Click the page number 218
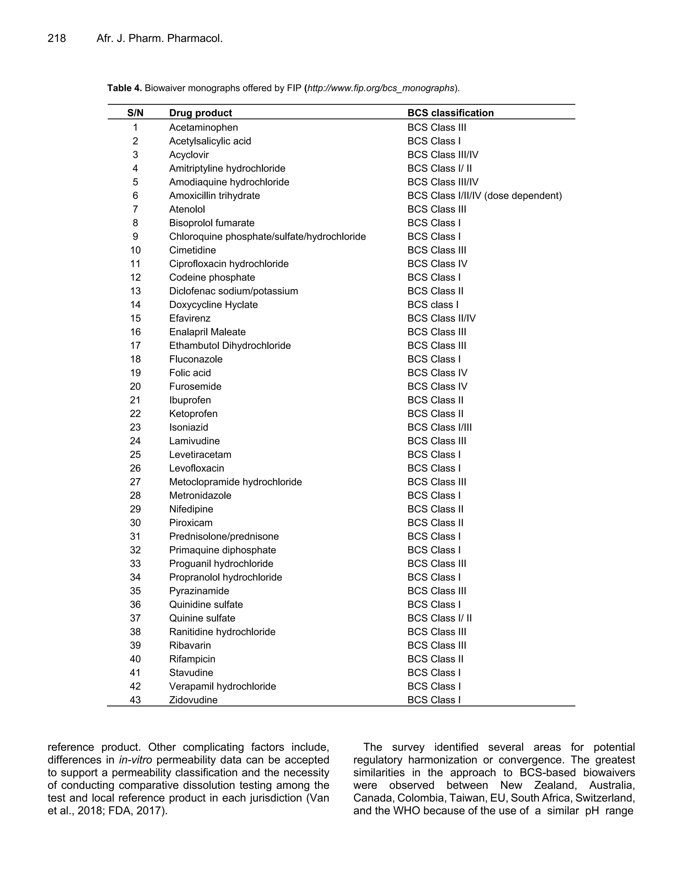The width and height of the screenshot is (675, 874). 57,38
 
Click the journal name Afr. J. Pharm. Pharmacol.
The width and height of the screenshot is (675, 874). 160,38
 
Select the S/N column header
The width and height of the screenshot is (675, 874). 135,113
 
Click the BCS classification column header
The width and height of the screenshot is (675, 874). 450,113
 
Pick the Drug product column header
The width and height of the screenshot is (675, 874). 200,113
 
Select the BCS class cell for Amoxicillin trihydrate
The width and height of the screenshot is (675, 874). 484,196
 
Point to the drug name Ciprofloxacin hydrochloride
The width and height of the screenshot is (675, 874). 229,264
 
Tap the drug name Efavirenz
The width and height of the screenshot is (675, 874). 190,318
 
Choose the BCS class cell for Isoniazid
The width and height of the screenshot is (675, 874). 439,427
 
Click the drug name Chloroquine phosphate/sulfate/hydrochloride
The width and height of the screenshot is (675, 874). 267,236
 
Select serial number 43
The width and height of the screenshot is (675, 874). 135,700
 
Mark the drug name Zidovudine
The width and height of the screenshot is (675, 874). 193,700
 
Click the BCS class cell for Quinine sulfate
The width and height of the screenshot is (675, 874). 439,618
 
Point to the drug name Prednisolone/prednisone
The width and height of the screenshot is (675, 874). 224,536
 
